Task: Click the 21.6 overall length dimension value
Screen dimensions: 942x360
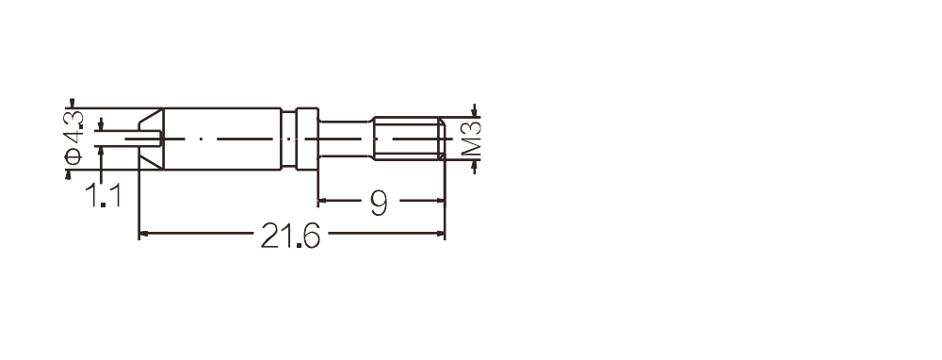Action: [290, 236]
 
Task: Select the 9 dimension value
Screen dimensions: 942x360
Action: [379, 204]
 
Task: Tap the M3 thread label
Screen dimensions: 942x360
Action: [472, 139]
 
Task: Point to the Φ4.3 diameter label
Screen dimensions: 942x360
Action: [73, 138]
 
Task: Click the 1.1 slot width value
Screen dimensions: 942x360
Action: [103, 195]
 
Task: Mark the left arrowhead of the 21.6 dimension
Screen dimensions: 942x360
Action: [143, 233]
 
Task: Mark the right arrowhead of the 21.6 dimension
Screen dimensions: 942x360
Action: [440, 233]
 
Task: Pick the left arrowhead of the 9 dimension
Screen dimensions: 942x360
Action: [322, 201]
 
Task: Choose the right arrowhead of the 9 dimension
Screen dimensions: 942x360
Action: [440, 201]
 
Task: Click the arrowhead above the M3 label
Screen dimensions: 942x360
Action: [475, 111]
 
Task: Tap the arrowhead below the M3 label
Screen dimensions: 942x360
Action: [475, 166]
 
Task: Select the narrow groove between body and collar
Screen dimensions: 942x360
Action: [289, 139]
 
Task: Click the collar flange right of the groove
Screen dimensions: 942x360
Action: [308, 139]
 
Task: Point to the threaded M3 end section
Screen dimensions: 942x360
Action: [409, 139]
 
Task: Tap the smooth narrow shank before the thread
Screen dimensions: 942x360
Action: [346, 139]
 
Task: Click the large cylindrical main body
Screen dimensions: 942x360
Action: [222, 139]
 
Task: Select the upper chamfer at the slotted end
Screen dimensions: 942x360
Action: [151, 119]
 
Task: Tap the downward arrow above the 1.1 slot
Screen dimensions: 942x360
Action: [101, 123]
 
